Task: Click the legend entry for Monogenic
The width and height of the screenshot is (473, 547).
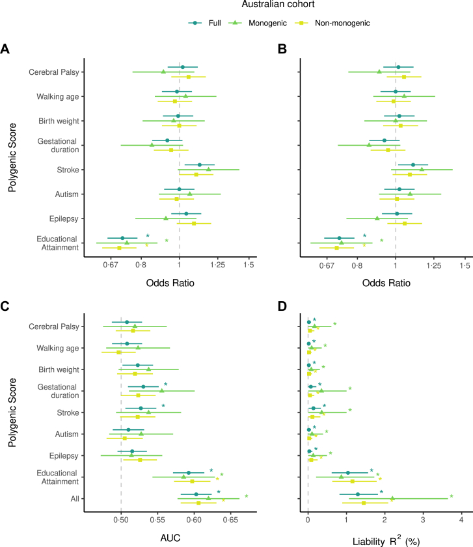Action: (x=258, y=23)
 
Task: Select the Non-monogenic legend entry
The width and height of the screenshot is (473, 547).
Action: (x=332, y=23)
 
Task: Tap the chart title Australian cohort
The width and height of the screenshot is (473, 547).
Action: (x=278, y=4)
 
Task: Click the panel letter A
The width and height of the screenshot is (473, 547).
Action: (x=5, y=49)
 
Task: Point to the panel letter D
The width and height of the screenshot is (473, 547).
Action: (x=282, y=306)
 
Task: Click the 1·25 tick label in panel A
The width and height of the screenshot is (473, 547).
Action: (x=217, y=265)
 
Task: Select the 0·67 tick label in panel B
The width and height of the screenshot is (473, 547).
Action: (x=327, y=266)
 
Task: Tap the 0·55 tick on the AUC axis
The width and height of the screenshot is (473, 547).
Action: (x=157, y=520)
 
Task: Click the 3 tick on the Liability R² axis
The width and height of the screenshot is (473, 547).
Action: (x=423, y=520)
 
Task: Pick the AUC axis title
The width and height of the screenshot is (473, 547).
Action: (x=170, y=538)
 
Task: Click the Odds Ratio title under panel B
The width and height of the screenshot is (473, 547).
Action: (x=386, y=283)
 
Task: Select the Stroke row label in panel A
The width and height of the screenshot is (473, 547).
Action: (x=68, y=170)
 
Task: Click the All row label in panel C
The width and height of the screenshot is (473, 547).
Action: (x=75, y=498)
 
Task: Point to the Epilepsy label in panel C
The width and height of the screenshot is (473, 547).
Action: (x=64, y=456)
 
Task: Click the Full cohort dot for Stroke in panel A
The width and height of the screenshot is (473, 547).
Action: (x=199, y=165)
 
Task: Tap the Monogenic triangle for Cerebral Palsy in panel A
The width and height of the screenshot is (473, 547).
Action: (x=163, y=72)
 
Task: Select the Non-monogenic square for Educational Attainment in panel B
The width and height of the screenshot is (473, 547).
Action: (x=336, y=248)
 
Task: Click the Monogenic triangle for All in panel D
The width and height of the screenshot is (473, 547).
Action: (x=392, y=498)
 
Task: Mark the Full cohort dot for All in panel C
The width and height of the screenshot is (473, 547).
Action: (x=196, y=494)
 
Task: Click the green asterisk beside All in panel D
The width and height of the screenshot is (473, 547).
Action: (x=452, y=496)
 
